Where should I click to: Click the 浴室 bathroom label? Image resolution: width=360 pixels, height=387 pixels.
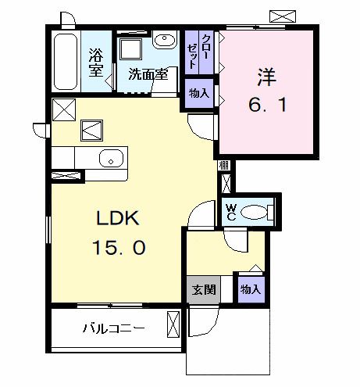[96, 63]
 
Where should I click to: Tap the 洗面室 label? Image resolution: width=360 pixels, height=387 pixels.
[148, 76]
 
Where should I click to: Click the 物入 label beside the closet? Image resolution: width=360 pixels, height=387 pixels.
[199, 93]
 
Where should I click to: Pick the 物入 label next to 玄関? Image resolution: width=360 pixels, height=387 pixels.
[251, 289]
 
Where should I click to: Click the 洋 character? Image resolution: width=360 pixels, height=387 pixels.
[266, 77]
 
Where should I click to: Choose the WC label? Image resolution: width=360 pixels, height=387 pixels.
[231, 210]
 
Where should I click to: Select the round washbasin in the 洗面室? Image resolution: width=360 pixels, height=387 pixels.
[164, 41]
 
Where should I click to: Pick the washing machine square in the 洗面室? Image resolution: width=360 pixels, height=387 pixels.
[130, 49]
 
